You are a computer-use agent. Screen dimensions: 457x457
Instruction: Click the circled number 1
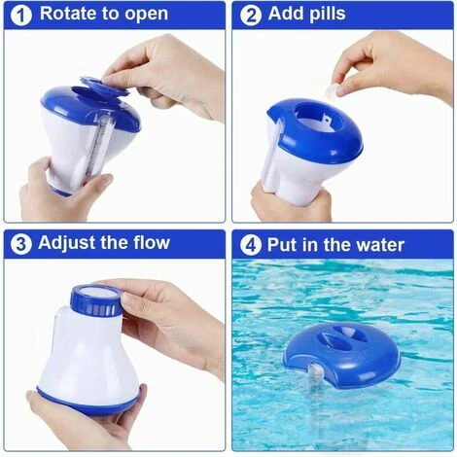[x=21, y=16]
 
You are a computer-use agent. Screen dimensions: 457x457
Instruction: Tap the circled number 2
[x=251, y=16]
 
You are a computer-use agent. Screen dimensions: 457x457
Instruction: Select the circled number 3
[x=21, y=244]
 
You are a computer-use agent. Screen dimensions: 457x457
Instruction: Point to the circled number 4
[x=251, y=245]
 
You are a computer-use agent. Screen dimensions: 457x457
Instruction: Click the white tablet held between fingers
[x=332, y=89]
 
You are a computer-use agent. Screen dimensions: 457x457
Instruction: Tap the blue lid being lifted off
[x=105, y=86]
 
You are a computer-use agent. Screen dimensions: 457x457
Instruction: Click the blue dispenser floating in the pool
[x=342, y=356]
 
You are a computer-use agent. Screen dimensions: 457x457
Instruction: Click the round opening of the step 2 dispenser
[x=319, y=118]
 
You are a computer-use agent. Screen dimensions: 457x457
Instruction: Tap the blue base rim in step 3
[x=88, y=401]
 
